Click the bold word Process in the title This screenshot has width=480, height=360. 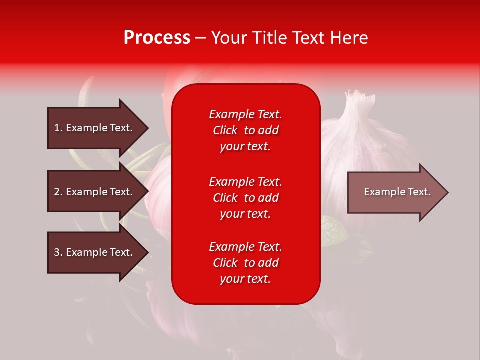pyautogui.click(x=157, y=37)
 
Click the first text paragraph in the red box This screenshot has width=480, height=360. pyautogui.click(x=245, y=130)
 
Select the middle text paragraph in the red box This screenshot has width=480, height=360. pyautogui.click(x=245, y=198)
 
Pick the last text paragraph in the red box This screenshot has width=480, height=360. pyautogui.click(x=245, y=263)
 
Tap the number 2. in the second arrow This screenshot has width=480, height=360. pyautogui.click(x=58, y=192)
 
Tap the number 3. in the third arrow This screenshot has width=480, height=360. pyautogui.click(x=58, y=252)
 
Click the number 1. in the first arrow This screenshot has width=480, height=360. pyautogui.click(x=58, y=128)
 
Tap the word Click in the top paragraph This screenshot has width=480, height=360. pyautogui.click(x=225, y=130)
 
